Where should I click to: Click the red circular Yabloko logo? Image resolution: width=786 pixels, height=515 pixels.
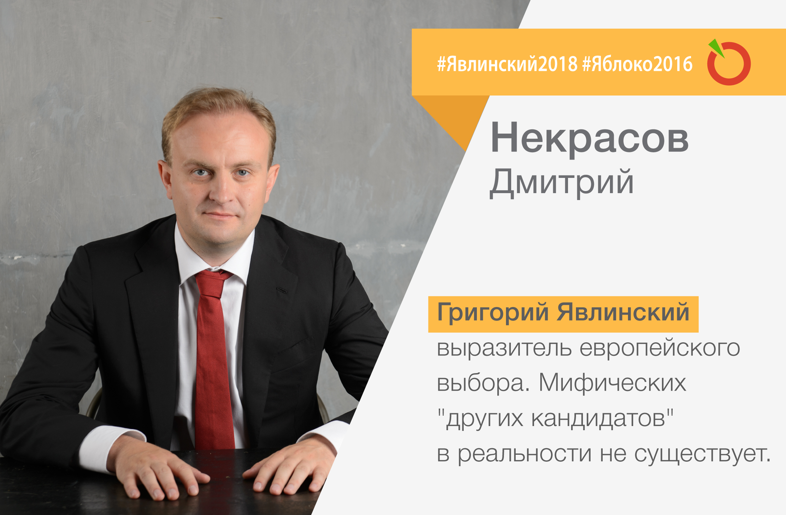(x=729, y=64)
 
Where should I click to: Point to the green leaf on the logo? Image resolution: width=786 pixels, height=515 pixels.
(x=716, y=48)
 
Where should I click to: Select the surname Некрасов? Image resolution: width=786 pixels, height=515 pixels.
(x=589, y=138)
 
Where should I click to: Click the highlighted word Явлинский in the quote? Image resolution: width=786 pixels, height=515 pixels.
(x=623, y=312)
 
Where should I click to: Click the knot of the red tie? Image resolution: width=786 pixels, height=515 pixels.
(x=212, y=283)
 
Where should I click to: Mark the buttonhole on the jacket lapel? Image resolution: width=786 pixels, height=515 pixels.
(x=282, y=290)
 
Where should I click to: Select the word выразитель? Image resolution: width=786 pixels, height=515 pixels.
(x=504, y=348)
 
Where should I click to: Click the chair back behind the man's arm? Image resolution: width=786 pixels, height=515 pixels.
(x=94, y=403)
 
